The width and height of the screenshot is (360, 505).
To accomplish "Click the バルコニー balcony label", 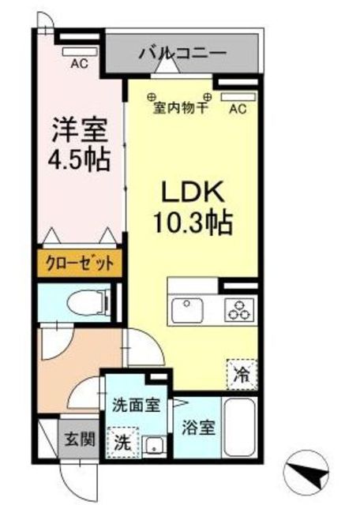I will pos(183,54).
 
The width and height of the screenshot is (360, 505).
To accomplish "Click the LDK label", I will pos(194,193).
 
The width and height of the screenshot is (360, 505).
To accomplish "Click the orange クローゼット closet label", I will pos(79,264).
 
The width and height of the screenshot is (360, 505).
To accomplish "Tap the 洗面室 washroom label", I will pos(136,406).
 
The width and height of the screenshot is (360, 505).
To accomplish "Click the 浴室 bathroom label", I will pos(198,430).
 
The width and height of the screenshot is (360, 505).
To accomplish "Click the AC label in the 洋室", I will pos(78,65).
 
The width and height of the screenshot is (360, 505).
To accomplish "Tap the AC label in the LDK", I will pos(238,110).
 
